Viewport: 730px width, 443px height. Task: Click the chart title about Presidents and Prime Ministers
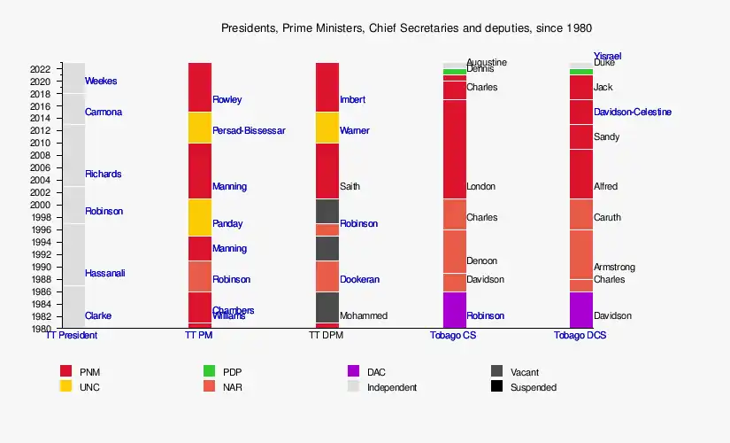tap(406, 28)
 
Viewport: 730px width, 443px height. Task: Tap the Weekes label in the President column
tap(101, 82)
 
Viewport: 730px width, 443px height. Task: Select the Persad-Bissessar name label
tap(249, 131)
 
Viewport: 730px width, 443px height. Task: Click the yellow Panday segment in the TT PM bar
tap(199, 217)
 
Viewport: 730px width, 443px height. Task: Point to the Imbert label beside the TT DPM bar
tap(352, 100)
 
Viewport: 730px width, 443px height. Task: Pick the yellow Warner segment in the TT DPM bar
tap(327, 128)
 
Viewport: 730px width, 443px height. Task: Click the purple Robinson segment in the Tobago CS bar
tap(454, 310)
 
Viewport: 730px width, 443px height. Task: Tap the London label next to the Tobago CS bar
tap(480, 187)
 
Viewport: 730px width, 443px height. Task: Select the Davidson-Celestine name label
tap(633, 113)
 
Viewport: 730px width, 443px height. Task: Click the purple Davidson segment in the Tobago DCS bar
tap(581, 310)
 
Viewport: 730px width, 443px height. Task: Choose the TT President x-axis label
tap(71, 336)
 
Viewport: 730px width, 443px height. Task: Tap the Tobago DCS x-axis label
tap(580, 336)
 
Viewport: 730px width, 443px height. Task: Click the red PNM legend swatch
tap(65, 371)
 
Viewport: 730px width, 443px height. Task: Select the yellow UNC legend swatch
tap(65, 386)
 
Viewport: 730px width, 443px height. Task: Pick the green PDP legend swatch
tap(210, 371)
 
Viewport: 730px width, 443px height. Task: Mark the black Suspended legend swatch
tap(497, 386)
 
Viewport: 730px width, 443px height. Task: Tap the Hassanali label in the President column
tap(105, 274)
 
